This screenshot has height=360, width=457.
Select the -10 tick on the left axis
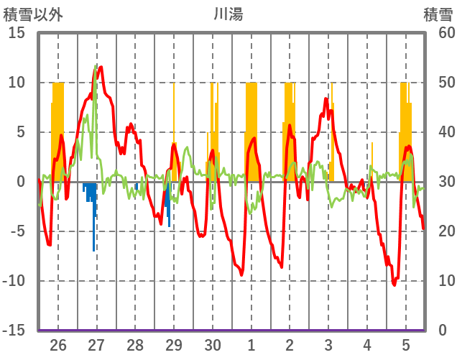point(14,281)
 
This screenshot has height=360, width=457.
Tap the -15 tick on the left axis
point(14,331)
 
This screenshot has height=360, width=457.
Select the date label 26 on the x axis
point(58,345)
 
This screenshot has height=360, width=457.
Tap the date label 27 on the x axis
point(97,345)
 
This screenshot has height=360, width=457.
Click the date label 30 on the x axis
point(213,345)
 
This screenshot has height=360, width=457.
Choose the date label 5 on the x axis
point(406,345)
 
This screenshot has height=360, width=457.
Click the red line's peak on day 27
point(101,68)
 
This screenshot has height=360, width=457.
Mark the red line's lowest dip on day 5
point(394,285)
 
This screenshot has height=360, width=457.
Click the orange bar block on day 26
point(57,129)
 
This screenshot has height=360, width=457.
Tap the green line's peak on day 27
point(96,66)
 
